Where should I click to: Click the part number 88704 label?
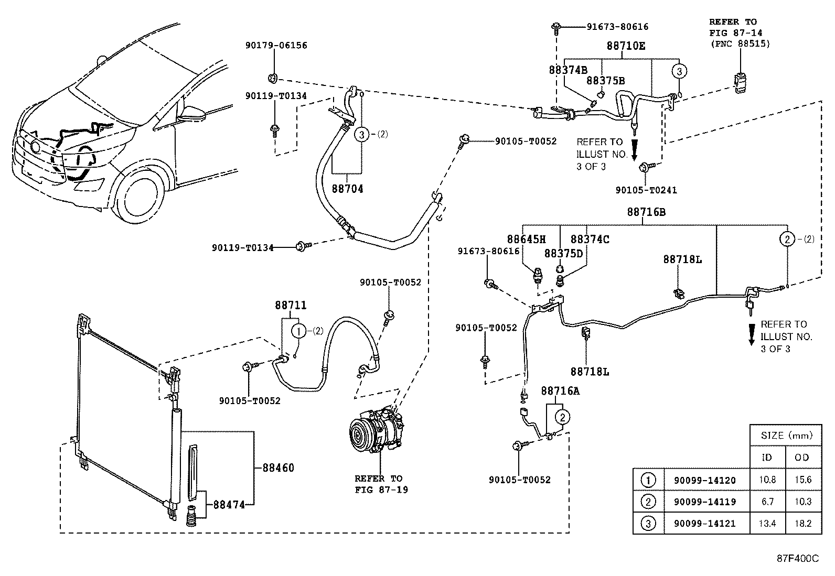[347, 189]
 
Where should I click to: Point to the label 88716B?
[646, 212]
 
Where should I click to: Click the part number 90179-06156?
[276, 46]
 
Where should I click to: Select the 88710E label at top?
[626, 46]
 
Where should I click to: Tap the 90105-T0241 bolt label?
[646, 190]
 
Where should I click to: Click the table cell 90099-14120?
[704, 480]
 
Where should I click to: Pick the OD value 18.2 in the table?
[802, 523]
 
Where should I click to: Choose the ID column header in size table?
[767, 457]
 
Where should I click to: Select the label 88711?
[291, 305]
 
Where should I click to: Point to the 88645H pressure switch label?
[526, 239]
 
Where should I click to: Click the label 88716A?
[560, 391]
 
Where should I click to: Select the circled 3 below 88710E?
[679, 71]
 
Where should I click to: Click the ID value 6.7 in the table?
[767, 502]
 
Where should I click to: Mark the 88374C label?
[590, 239]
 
